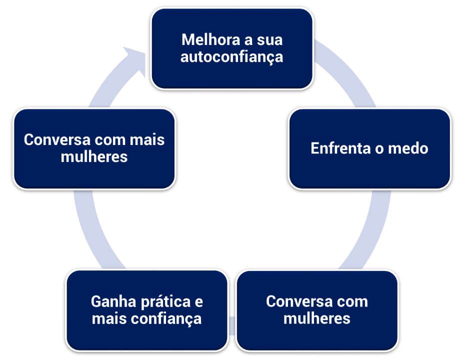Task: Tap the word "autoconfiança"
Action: pos(231,57)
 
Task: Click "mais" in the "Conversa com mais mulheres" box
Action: pos(148,139)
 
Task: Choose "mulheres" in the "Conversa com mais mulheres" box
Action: pos(94,157)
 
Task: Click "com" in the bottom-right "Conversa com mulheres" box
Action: pos(352,302)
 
